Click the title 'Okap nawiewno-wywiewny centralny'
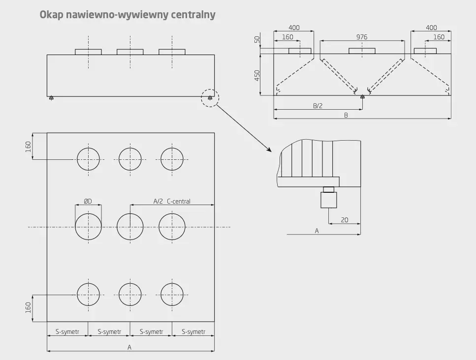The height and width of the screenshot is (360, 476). [x=127, y=15]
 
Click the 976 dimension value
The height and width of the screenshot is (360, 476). [x=362, y=37]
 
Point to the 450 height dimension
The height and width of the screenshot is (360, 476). [x=257, y=75]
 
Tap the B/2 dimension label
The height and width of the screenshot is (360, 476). [x=318, y=106]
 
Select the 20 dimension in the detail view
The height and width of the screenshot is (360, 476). [x=345, y=220]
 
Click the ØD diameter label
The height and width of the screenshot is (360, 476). [x=88, y=201]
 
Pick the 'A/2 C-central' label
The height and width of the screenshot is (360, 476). [x=172, y=201]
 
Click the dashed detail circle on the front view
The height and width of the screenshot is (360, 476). [x=210, y=98]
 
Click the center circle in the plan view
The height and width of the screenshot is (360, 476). [x=130, y=227]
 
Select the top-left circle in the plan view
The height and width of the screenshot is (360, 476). [x=88, y=159]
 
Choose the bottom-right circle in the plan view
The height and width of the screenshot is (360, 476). [x=172, y=294]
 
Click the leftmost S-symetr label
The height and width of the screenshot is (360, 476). [x=67, y=332]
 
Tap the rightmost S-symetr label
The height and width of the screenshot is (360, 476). [x=193, y=332]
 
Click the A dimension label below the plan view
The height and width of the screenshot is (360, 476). [x=129, y=347]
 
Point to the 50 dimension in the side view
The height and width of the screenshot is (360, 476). [x=257, y=39]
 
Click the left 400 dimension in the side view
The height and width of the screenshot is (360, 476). [x=293, y=28]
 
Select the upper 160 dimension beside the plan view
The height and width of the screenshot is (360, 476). [x=28, y=146]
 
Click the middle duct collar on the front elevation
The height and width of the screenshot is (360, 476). [x=130, y=52]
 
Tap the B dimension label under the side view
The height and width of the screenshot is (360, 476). [x=346, y=115]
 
